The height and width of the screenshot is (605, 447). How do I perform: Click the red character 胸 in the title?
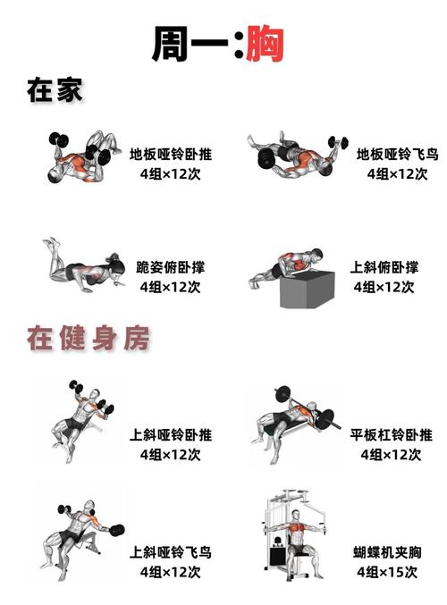click(x=265, y=42)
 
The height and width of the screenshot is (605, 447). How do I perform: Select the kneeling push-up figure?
click(x=83, y=268)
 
